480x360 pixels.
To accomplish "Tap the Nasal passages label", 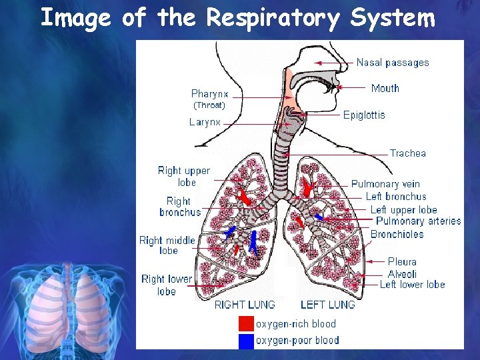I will [x=393, y=63].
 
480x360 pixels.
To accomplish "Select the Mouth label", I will [x=385, y=88].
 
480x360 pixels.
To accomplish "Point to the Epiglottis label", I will [x=364, y=115].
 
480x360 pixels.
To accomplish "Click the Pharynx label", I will [x=209, y=94].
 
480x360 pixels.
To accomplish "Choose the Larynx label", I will [x=205, y=122].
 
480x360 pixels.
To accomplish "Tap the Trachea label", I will [x=407, y=153].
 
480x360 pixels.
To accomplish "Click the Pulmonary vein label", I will [x=385, y=184].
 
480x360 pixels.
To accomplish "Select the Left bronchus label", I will [x=395, y=197].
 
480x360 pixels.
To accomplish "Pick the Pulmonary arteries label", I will [x=418, y=221].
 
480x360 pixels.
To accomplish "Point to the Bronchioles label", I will [x=397, y=234].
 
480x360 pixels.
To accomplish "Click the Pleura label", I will [x=402, y=262].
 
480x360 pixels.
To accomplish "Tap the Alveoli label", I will [x=402, y=274].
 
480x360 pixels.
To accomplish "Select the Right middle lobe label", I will [x=167, y=245].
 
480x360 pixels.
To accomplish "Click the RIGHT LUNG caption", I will [x=244, y=305].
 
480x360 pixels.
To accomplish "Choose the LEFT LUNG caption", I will [x=327, y=305].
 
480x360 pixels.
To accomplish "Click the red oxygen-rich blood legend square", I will [x=246, y=324].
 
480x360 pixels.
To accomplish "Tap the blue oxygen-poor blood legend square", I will [x=246, y=341].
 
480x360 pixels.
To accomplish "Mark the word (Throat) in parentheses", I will [x=209, y=105].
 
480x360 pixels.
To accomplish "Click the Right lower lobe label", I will [x=167, y=285].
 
